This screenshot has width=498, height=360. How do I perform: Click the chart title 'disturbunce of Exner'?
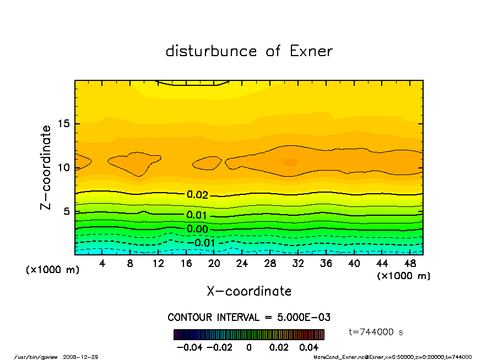pos(249,51)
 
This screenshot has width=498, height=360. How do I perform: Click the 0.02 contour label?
pos(197,195)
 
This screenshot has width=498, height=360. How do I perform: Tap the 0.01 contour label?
pos(197,215)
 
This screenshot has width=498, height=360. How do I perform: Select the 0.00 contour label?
pos(197,229)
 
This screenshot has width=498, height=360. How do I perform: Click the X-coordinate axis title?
pos(249,291)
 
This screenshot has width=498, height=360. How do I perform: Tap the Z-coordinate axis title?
pos(46,167)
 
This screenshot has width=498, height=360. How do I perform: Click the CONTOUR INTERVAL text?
pos(249,318)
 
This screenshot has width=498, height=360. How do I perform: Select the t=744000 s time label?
pos(377,332)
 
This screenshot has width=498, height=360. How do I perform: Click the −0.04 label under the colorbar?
pos(186,347)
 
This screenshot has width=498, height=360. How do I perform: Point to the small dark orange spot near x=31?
pos(290,162)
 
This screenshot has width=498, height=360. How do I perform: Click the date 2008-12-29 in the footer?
pos(84,357)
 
